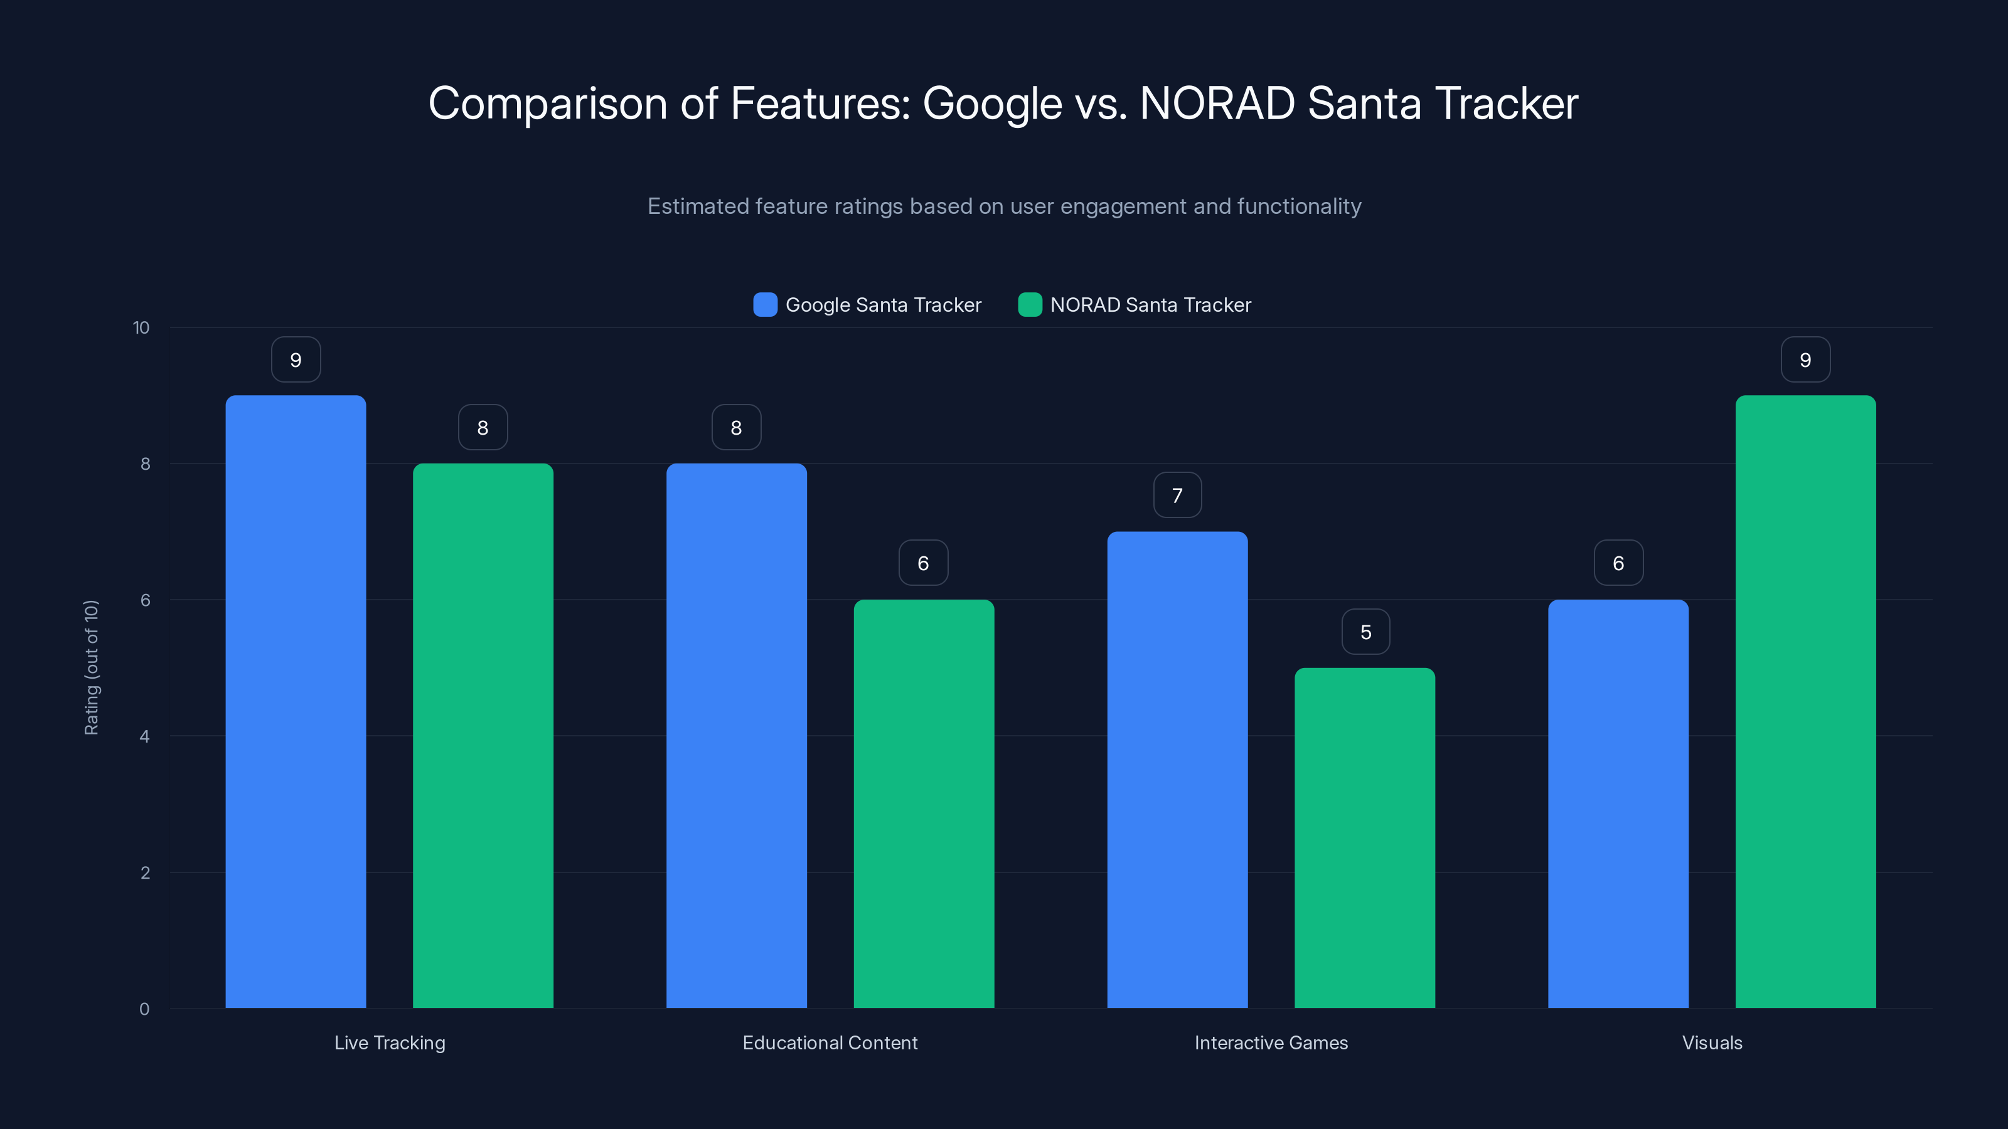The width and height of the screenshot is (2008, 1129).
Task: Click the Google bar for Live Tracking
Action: click(296, 701)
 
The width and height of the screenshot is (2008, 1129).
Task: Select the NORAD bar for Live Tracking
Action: click(483, 736)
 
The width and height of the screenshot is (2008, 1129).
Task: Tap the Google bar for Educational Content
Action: click(736, 736)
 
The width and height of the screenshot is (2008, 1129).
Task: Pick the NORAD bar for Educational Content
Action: click(924, 803)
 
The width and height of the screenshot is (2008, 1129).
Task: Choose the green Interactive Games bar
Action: click(1365, 837)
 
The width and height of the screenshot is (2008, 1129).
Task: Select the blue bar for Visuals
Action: click(1618, 803)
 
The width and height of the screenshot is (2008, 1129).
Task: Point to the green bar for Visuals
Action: click(1805, 701)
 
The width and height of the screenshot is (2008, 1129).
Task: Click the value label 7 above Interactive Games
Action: click(1177, 496)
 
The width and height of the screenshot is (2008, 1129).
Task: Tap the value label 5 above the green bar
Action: click(1365, 632)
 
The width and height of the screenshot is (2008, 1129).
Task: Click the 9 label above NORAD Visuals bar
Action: click(1805, 360)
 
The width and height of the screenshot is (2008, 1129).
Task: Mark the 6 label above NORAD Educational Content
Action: click(923, 563)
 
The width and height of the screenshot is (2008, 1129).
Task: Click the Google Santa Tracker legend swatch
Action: click(765, 305)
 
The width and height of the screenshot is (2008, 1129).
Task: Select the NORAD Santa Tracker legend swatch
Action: click(1030, 305)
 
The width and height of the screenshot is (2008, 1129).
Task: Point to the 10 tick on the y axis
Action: click(141, 328)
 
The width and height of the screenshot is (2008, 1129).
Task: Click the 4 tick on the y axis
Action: click(144, 736)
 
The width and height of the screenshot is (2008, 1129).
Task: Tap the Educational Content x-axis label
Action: click(830, 1042)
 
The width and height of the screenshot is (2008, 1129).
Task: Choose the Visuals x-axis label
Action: click(1712, 1042)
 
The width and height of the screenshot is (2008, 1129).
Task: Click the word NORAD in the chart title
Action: click(1217, 103)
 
